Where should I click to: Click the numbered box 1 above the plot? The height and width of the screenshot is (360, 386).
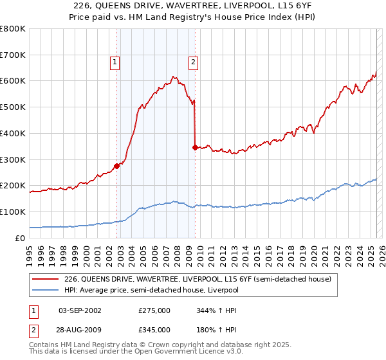115,62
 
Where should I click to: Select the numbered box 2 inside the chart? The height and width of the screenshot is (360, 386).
193,62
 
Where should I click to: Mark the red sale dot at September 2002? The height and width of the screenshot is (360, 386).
117,166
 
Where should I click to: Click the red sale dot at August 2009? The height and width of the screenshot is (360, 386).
195,147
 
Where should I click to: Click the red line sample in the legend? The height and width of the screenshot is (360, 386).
45,279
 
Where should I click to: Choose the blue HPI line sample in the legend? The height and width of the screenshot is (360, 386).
45,290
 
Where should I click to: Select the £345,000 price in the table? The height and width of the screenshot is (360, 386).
154,329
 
